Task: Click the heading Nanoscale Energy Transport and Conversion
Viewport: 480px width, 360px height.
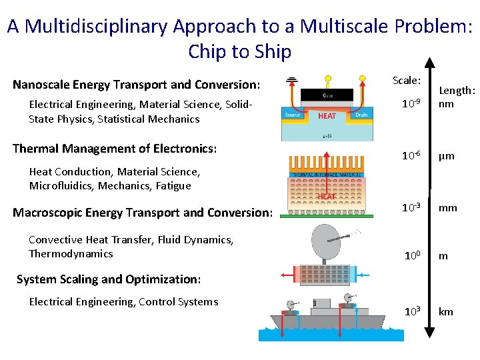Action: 136,85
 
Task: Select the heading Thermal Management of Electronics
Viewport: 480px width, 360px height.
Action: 115,148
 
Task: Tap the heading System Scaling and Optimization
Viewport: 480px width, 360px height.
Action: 108,279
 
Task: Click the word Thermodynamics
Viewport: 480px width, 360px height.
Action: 71,254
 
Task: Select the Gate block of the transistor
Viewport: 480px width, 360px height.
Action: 327,95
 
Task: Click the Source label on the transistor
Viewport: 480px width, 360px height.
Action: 293,115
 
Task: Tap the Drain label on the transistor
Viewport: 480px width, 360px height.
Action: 361,115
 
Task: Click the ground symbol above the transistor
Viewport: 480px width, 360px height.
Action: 291,82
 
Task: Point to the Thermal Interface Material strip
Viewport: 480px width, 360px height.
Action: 326,175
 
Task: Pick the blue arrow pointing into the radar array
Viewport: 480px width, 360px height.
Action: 363,273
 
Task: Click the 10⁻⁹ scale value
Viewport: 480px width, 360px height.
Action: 411,104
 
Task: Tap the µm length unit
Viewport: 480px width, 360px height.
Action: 446,156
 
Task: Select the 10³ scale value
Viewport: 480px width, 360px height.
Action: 411,312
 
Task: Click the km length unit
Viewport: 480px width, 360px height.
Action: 446,312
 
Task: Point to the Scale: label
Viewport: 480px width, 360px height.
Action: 406,81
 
